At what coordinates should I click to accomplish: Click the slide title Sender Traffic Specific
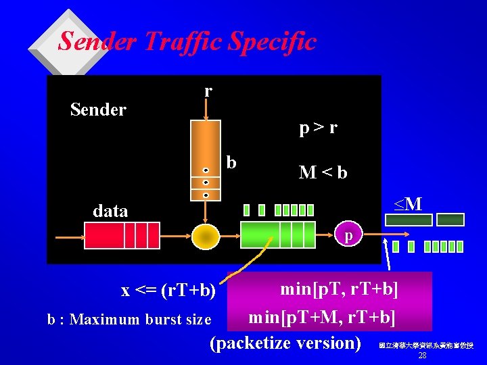187,42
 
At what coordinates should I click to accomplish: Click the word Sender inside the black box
98,109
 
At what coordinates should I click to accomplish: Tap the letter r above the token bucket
208,90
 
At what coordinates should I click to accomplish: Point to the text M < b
323,172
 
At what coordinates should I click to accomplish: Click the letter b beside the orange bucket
231,162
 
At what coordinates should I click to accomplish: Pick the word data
110,211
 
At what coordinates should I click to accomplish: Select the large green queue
277,235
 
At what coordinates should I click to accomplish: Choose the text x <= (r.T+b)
168,291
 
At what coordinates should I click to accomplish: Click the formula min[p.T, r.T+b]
339,289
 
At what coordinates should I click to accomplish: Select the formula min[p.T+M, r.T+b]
322,316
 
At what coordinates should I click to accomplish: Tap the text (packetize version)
286,343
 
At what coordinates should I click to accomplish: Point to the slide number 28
422,356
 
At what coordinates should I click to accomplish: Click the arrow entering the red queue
68,237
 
